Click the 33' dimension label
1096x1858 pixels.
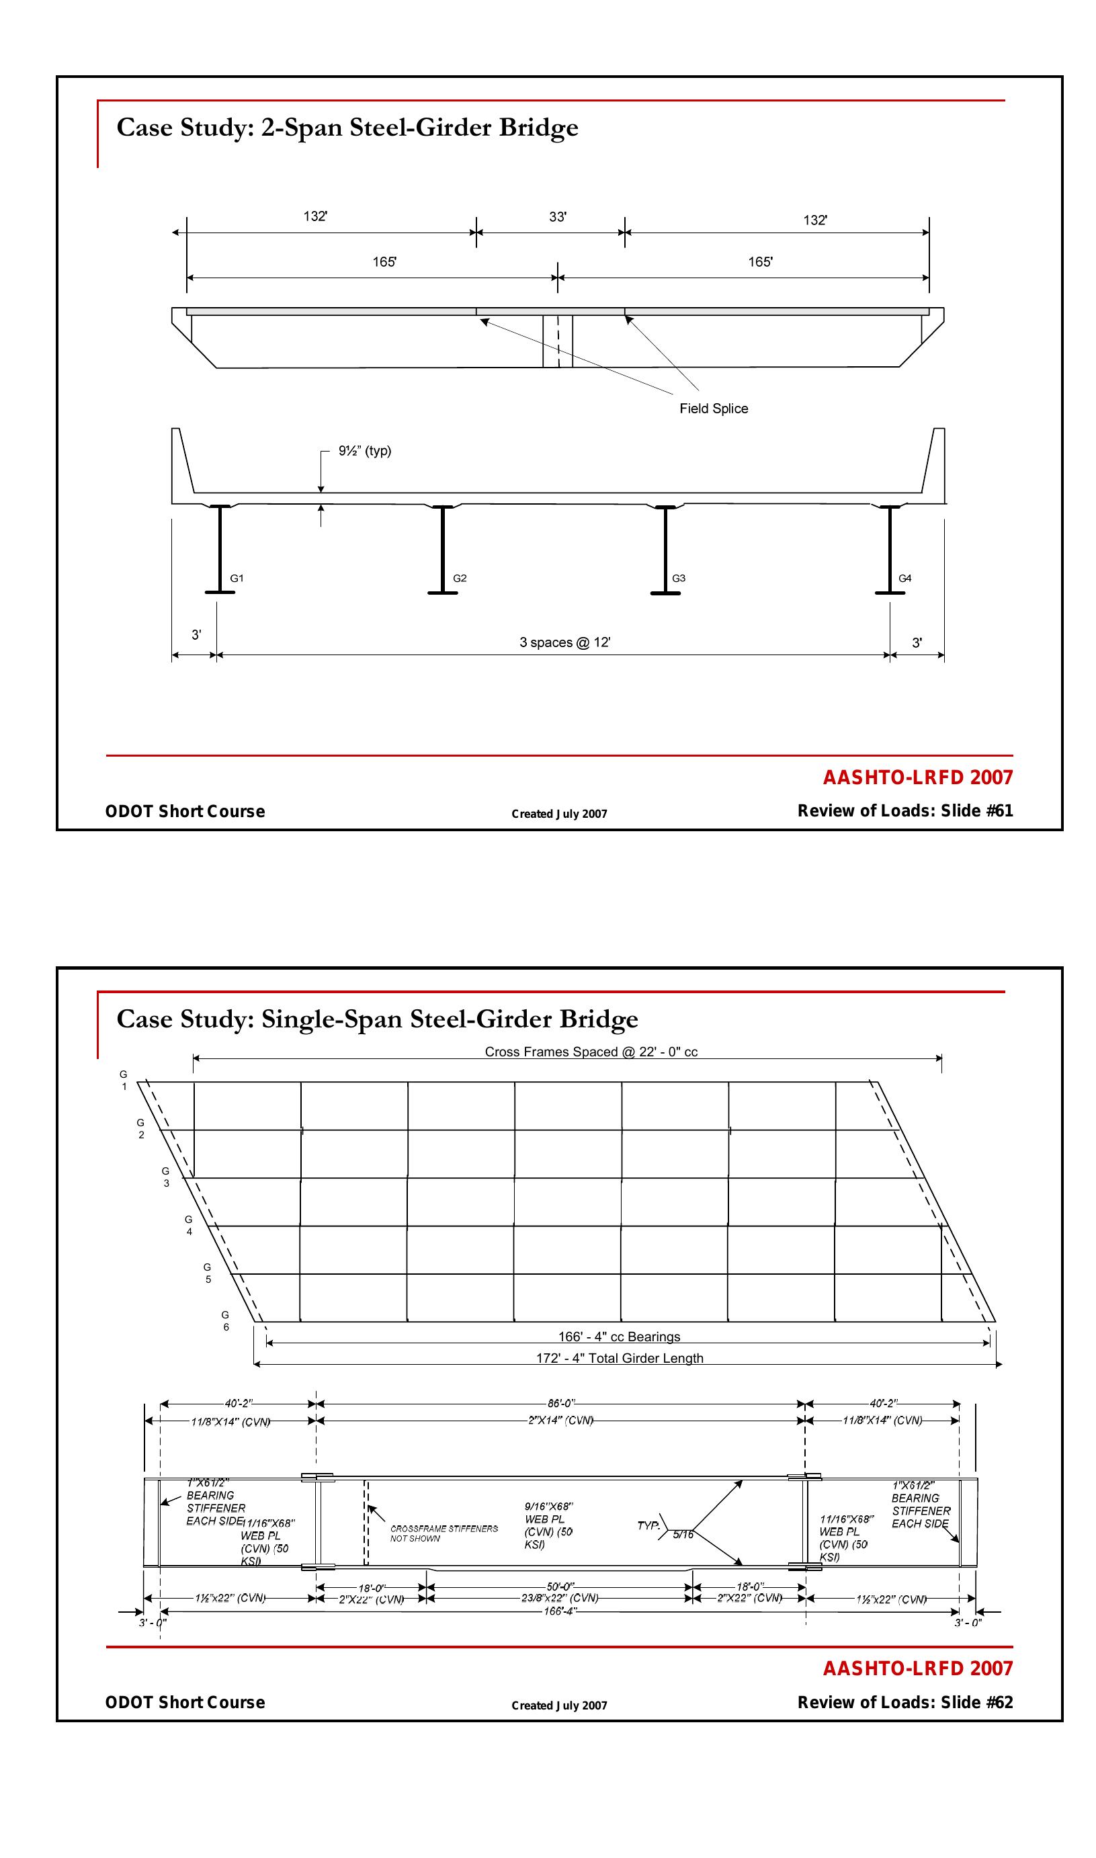(x=558, y=217)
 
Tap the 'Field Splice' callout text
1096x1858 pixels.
(x=714, y=409)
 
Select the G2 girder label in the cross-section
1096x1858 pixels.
(x=460, y=578)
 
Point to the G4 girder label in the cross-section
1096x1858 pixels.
(x=904, y=578)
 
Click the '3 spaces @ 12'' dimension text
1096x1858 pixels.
(x=565, y=642)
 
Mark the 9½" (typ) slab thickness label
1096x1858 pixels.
(x=365, y=450)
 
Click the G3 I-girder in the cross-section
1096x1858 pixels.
(x=665, y=550)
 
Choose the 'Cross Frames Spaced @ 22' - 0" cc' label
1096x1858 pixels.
(x=591, y=1052)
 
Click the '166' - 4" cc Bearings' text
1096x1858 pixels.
(x=619, y=1337)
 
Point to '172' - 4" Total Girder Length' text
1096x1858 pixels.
(x=619, y=1358)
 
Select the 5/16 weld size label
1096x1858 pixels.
(x=683, y=1535)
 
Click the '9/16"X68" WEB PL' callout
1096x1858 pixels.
(x=549, y=1520)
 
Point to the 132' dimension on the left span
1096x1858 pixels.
(x=315, y=216)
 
